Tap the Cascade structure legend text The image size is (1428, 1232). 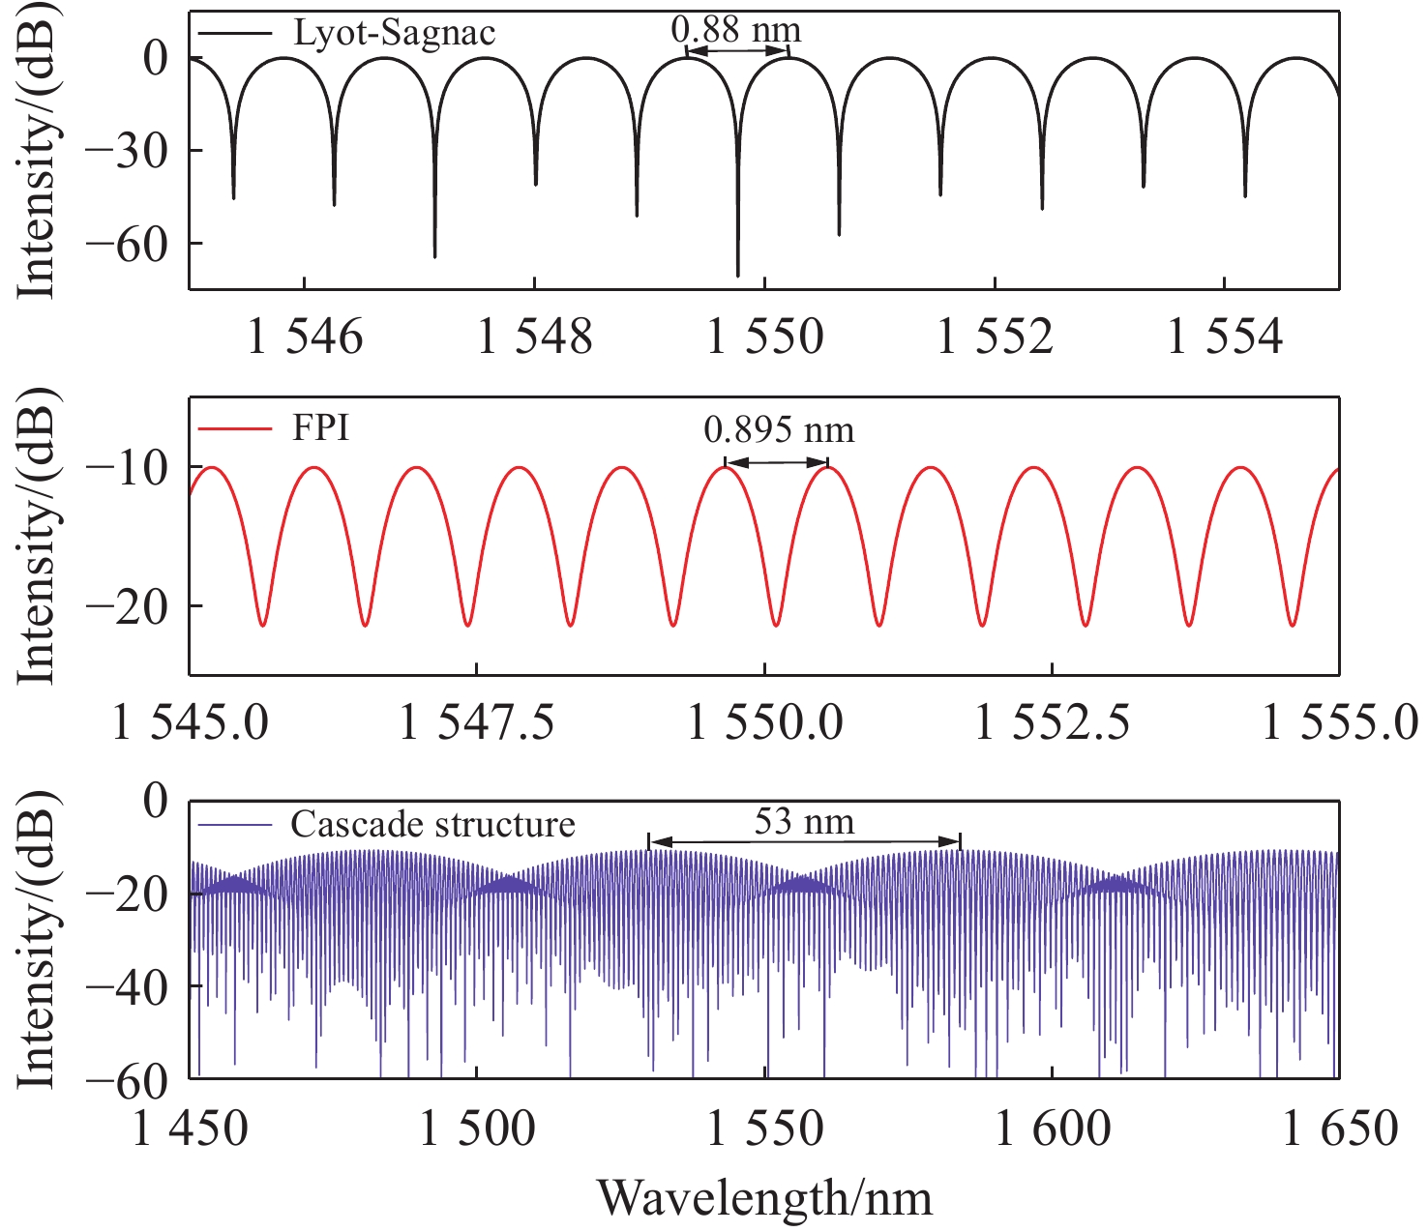[432, 824]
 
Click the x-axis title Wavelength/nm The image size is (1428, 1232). [764, 1197]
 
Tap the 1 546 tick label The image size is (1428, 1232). [305, 337]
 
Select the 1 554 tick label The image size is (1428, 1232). [1226, 337]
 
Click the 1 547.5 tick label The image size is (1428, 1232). [477, 723]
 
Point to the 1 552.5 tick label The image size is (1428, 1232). [1052, 723]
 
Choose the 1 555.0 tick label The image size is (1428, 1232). [1339, 723]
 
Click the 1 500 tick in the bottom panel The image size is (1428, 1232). [477, 1129]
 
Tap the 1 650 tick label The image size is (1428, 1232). [1340, 1129]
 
